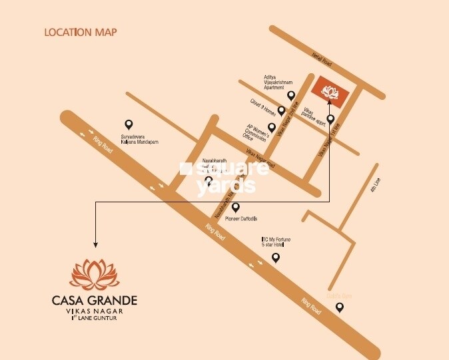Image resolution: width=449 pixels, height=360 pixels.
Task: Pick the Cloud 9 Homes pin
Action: point(282,110)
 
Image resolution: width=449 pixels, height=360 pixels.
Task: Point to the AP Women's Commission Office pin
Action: point(271,126)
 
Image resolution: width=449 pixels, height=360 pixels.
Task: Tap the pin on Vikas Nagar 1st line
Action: point(330,119)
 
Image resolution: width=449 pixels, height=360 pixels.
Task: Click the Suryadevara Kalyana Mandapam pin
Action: point(129,124)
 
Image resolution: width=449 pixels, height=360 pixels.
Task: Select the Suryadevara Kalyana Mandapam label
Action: point(139,140)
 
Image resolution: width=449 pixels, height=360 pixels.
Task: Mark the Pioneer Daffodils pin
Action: point(235,207)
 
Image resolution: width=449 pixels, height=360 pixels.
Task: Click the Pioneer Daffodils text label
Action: point(239,218)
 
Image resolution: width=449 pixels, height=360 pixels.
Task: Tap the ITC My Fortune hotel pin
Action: point(276,258)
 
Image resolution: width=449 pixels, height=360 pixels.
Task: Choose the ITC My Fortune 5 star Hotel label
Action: point(276,242)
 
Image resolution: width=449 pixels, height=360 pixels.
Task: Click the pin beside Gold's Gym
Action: point(340,307)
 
